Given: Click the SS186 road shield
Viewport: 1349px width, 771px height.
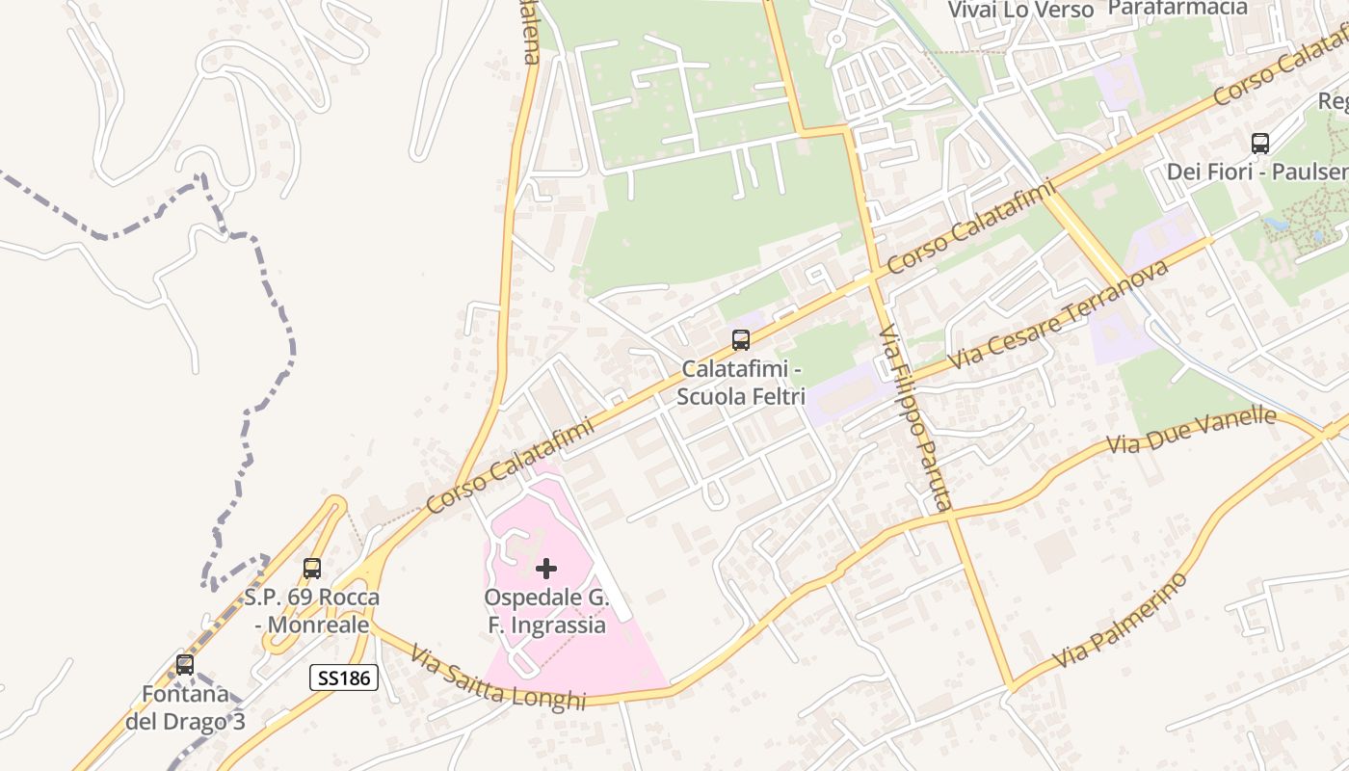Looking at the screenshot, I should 343,678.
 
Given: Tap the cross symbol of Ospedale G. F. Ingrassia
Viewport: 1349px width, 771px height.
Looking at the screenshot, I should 546,569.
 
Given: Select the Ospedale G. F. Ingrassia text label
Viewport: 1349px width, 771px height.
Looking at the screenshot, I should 545,611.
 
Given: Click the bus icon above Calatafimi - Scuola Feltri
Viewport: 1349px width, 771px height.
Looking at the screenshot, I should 740,340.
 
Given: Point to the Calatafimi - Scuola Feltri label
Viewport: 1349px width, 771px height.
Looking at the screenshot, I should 740,382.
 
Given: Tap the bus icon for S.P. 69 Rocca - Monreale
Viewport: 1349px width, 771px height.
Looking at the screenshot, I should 311,569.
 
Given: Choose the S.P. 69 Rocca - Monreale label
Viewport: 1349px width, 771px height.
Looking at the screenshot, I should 311,611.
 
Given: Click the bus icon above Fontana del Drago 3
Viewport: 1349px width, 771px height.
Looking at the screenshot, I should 184,665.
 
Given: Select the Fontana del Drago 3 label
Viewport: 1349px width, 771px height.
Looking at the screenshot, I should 184,707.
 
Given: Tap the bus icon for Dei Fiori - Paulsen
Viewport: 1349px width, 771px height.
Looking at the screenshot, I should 1259,144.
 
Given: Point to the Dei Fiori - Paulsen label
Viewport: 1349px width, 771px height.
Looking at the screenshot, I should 1257,173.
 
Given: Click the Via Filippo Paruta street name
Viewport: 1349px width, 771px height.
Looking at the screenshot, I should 915,419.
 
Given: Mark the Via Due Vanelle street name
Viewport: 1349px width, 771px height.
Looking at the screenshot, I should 1191,431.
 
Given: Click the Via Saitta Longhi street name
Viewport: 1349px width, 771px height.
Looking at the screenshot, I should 497,678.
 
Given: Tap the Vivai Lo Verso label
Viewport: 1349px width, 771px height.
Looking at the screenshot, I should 1020,10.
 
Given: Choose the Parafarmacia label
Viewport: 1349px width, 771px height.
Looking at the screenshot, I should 1177,8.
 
